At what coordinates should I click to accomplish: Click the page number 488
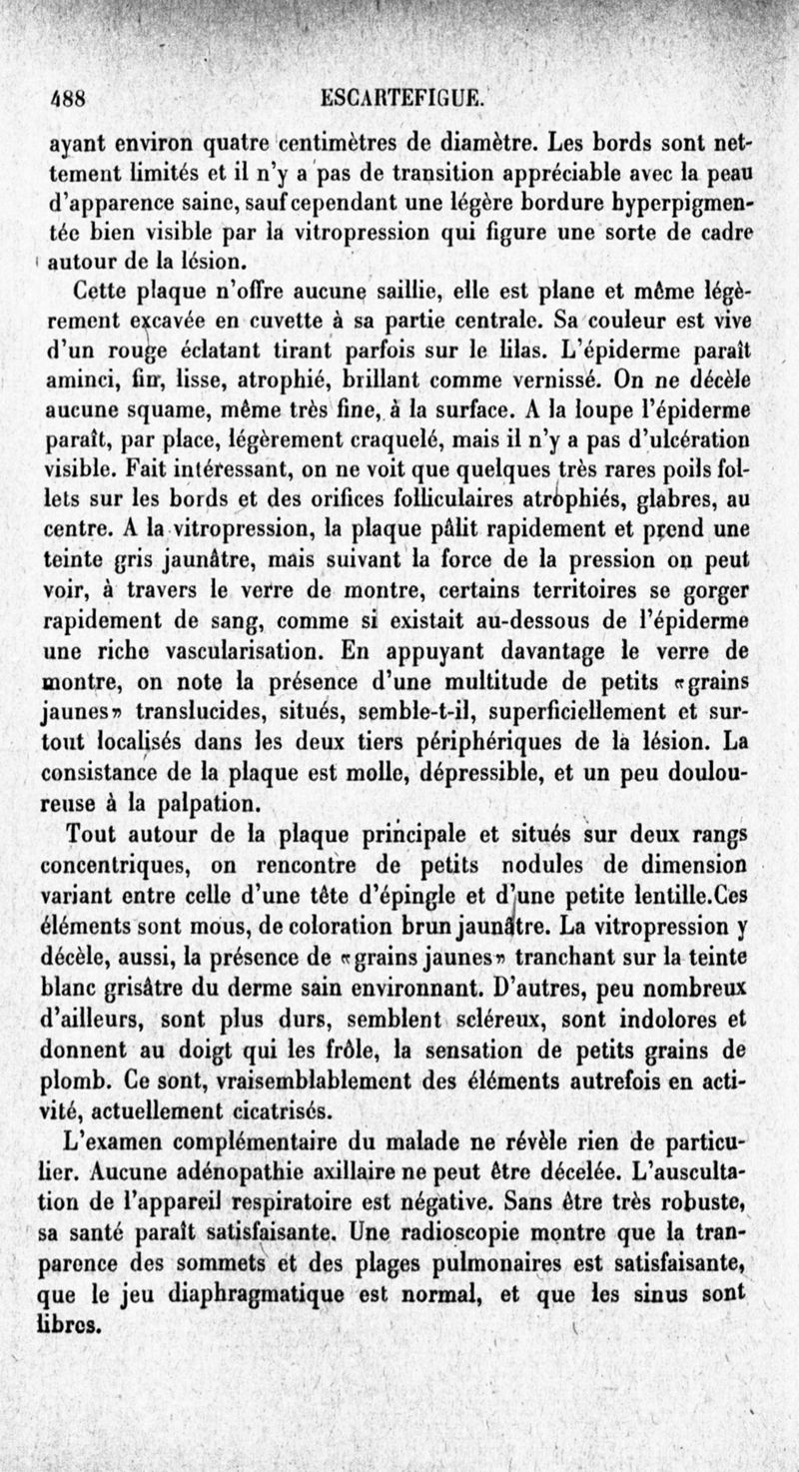70,100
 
